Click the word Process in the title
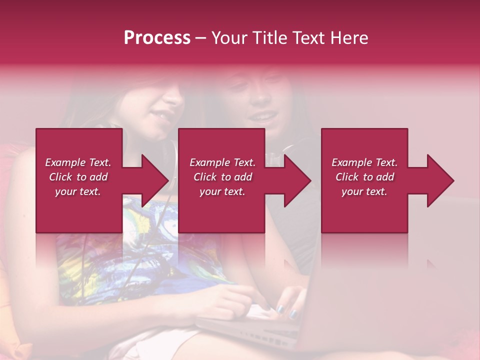[157, 38]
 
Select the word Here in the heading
[349, 38]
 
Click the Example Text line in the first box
[78, 162]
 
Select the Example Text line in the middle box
[222, 162]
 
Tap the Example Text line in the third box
[364, 162]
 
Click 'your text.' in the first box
[78, 191]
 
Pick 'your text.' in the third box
[364, 191]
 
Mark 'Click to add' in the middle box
[222, 177]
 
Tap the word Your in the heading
[228, 38]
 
